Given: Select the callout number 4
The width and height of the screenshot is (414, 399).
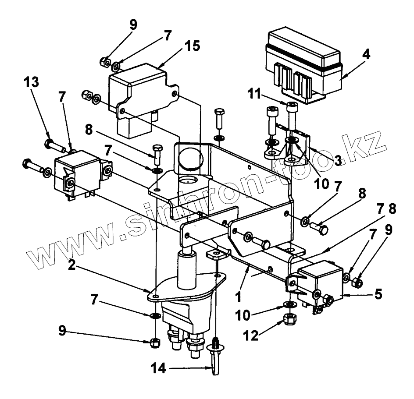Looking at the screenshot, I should click(x=366, y=55).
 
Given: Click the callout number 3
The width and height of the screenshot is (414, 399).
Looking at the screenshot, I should click(x=338, y=161).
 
